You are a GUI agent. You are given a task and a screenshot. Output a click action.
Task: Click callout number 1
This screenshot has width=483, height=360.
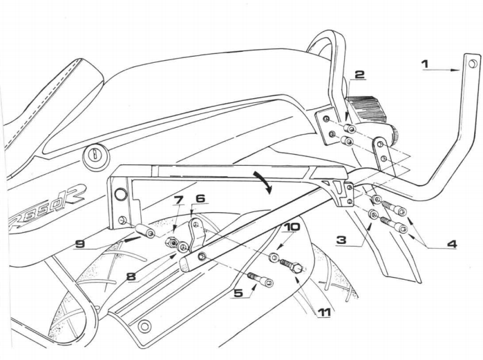pos(425,64)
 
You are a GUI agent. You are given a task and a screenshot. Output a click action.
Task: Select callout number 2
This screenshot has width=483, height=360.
pos(359,75)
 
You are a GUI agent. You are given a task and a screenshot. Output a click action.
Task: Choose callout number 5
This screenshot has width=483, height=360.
pos(238,292)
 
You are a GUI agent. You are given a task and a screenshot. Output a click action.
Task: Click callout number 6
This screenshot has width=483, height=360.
pos(200,198)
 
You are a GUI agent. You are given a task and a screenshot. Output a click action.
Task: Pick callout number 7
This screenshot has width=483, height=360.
pos(178,200)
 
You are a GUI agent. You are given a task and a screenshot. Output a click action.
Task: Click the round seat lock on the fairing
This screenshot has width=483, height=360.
pos(91,155)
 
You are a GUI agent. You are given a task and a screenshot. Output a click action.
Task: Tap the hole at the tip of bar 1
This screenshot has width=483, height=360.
pos(472,64)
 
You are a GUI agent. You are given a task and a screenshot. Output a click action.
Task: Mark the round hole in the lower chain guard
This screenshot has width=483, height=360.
pos(144,325)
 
